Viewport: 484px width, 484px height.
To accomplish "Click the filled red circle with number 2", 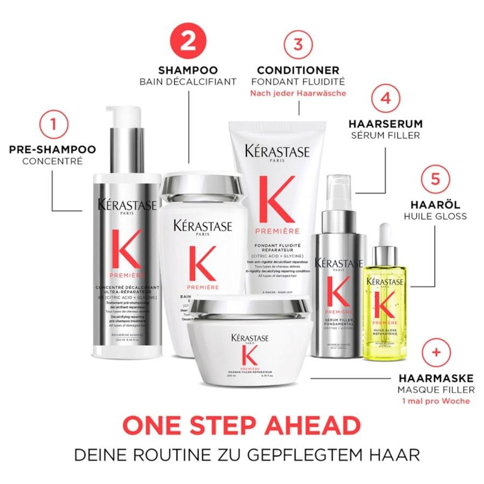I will coord(188,41).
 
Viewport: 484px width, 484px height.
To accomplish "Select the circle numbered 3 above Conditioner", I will coord(298,44).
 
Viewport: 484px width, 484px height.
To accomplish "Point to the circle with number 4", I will coord(385,99).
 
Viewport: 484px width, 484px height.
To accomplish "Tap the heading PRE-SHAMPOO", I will coord(52,150).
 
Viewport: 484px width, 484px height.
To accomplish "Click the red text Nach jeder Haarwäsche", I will coord(298,93).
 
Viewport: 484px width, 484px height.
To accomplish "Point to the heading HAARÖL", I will coord(435,205).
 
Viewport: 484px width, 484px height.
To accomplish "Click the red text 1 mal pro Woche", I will coord(436,401).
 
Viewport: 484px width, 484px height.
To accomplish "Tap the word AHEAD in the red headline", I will coord(311,426).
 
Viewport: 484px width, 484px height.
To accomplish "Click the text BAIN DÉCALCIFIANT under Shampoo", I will coord(188,82).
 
